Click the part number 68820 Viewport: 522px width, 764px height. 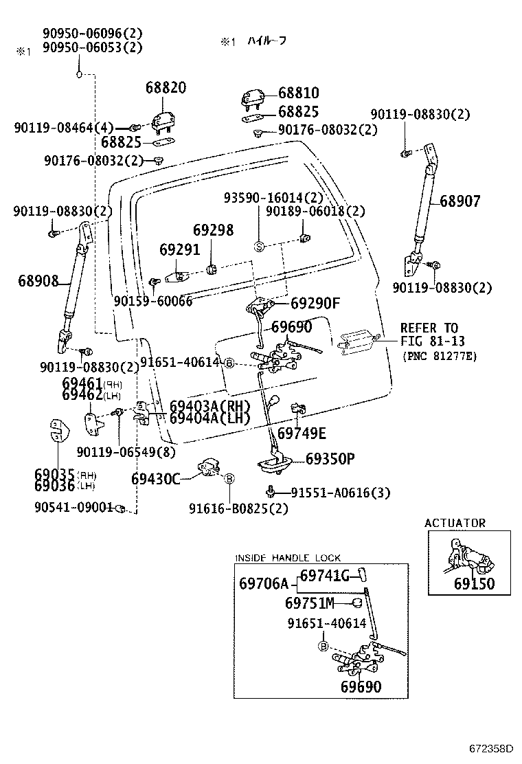166,88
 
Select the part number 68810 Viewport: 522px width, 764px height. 298,93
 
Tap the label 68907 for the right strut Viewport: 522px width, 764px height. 460,201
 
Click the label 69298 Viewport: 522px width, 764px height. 213,229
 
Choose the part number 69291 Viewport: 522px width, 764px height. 180,249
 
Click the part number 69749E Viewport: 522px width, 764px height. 302,433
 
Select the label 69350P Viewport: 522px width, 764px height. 330,459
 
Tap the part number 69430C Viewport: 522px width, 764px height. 155,478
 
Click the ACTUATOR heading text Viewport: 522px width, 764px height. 455,523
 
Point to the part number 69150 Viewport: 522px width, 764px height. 473,585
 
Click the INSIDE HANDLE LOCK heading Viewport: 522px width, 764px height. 288,558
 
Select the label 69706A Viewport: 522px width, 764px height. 264,584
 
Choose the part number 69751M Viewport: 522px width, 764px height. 309,603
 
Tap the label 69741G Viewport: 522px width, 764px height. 325,576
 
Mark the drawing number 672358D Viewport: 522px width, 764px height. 491,748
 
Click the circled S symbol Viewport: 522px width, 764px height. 259,247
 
